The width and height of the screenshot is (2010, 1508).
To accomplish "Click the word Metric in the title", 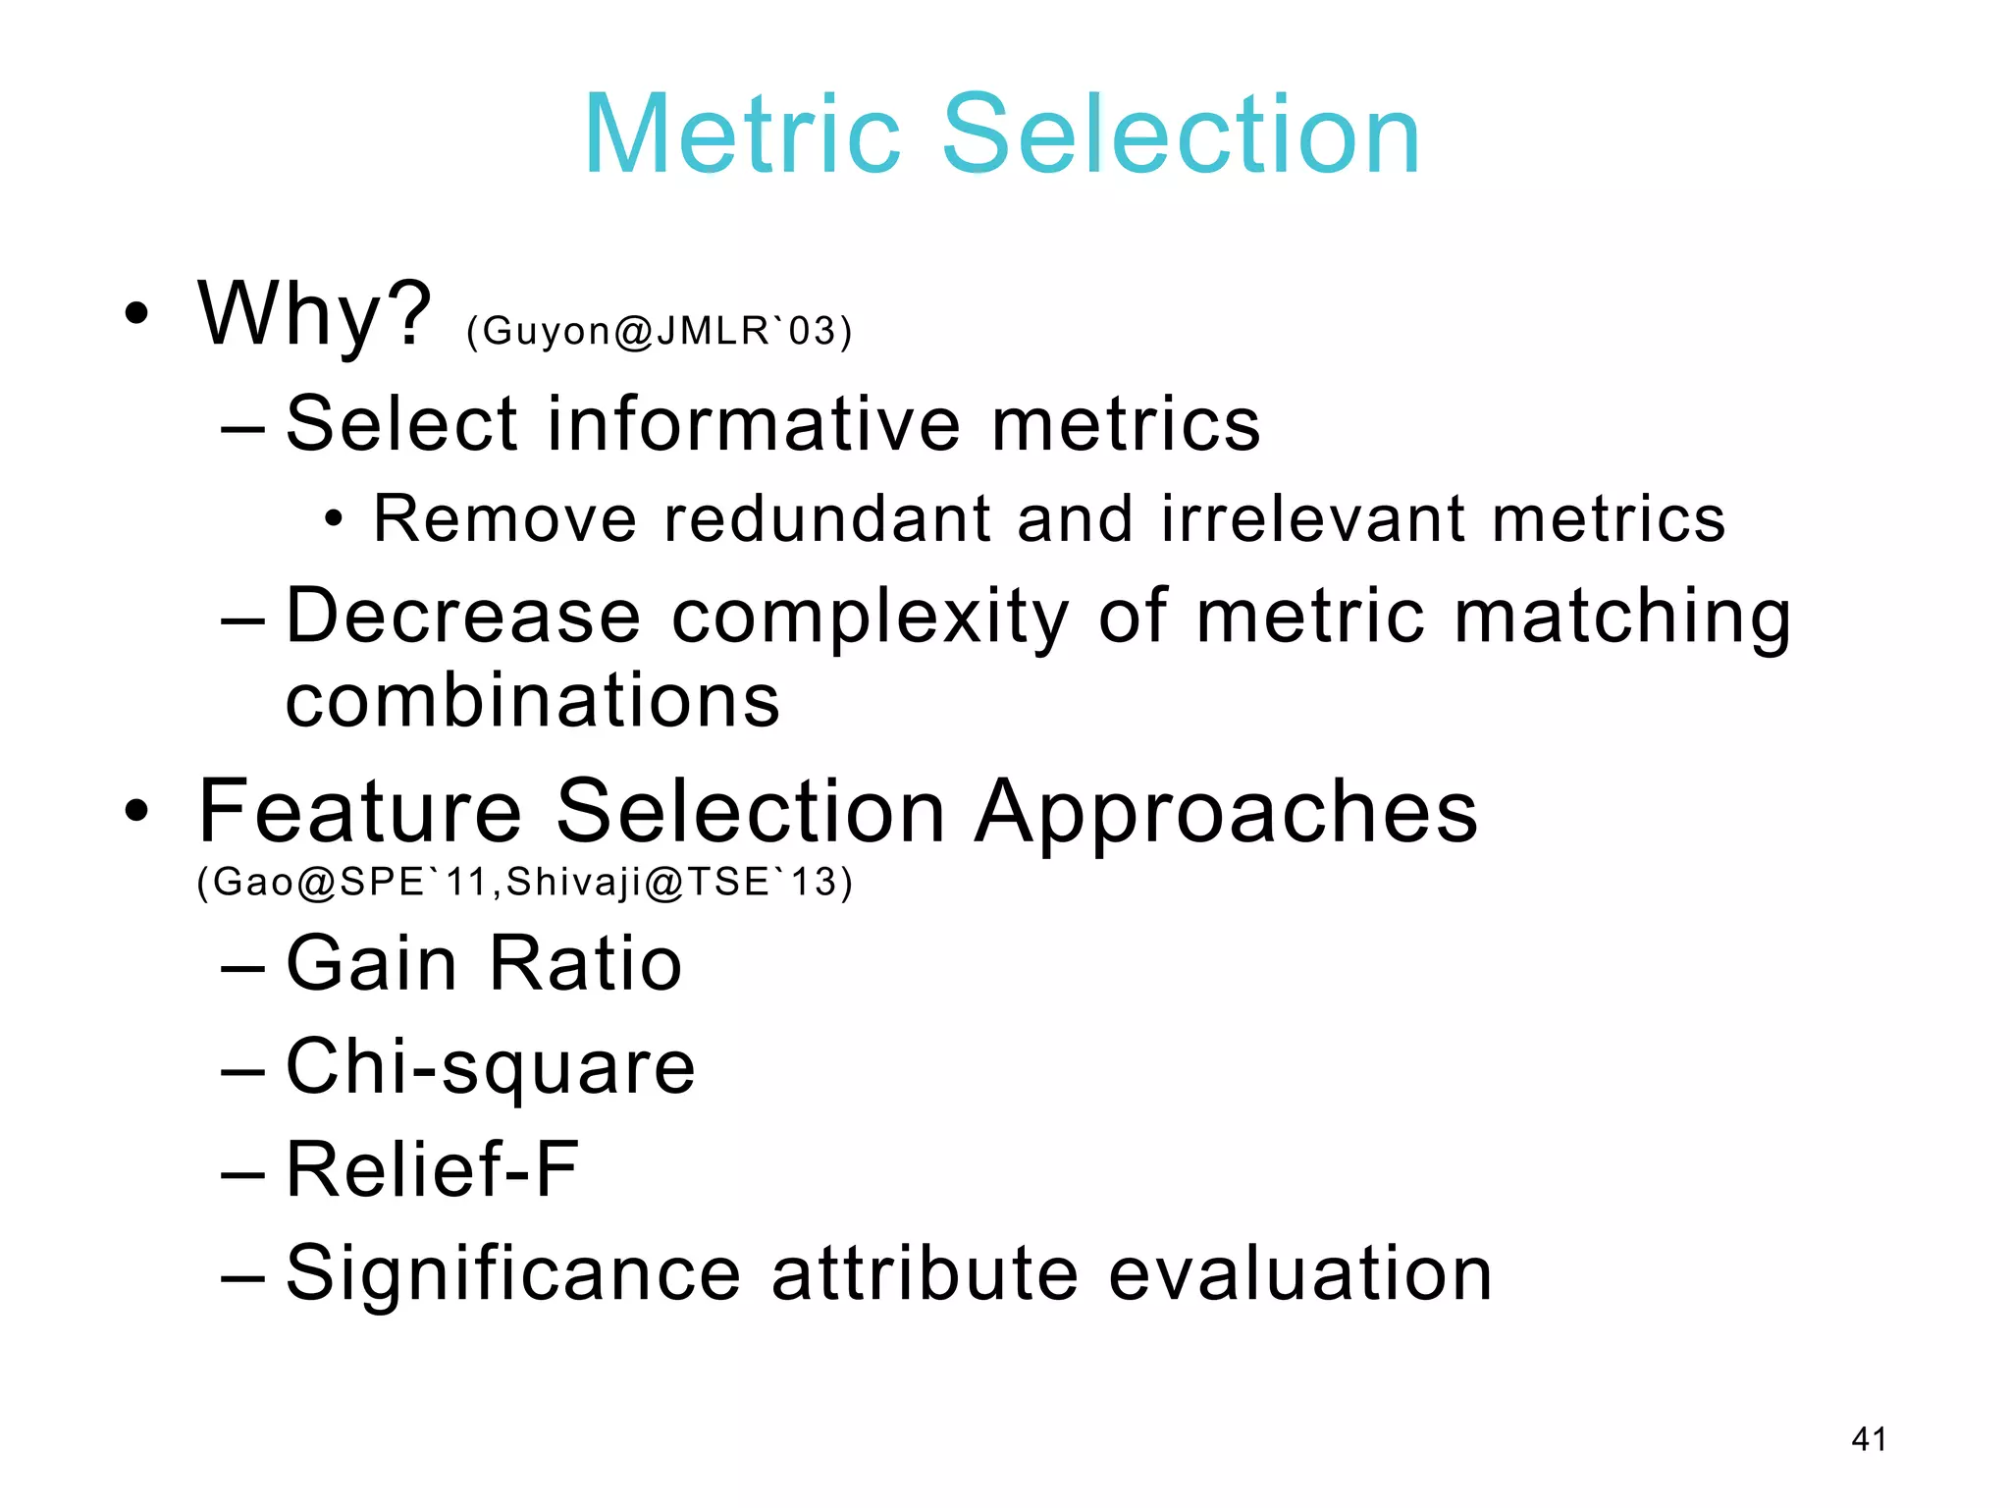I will [742, 135].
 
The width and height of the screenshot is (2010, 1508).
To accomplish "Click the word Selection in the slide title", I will [1182, 135].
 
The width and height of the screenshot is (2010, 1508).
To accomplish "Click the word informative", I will [753, 423].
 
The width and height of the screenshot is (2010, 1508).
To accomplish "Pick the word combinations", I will [533, 701].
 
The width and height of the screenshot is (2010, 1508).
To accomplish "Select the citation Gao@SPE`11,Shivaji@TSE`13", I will [525, 882].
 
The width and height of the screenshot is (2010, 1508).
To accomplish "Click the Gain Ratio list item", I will [483, 964].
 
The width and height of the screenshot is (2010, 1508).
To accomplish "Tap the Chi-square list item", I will [490, 1068].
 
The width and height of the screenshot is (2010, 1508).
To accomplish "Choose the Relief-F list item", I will [432, 1170].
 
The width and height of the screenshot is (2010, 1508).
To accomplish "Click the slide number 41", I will [1868, 1439].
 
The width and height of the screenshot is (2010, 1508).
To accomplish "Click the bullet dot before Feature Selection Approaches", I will [137, 812].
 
